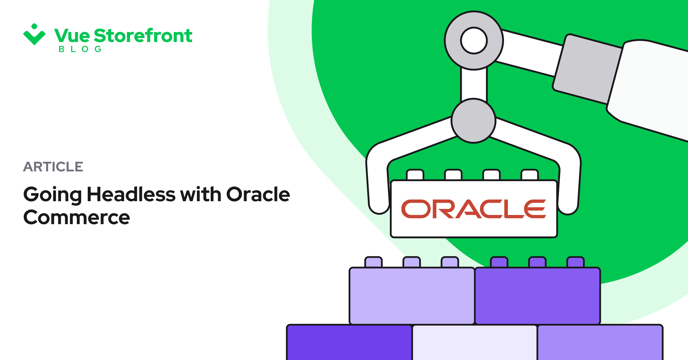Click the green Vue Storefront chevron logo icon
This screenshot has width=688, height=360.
[x=34, y=36]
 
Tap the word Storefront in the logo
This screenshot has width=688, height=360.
[x=143, y=36]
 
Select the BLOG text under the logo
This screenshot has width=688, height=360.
[x=80, y=49]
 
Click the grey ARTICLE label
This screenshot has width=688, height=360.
[x=53, y=167]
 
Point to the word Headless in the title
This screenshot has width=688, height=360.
[x=131, y=195]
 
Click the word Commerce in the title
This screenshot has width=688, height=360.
[x=77, y=218]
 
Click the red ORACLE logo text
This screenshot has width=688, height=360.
[x=474, y=209]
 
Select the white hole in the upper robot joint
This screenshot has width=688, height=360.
[x=474, y=40]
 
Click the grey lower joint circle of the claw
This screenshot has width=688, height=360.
[x=474, y=121]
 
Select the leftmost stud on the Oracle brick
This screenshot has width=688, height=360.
[x=415, y=175]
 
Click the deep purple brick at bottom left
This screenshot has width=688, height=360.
[x=349, y=343]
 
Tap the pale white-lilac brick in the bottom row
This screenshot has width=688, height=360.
[x=474, y=343]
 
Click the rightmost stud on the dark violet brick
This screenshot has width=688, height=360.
[x=575, y=262]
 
